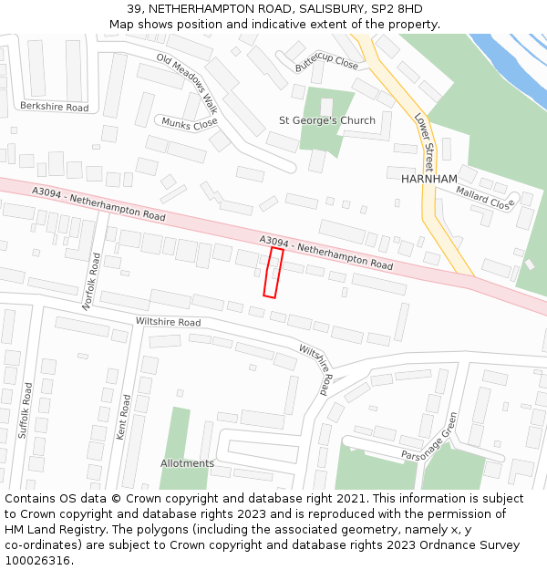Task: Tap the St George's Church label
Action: pos(326,120)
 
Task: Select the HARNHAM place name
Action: pos(429,179)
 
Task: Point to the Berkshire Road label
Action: pos(54,108)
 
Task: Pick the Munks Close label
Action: pos(189,122)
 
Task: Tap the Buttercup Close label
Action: pos(326,62)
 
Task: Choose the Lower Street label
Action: pos(424,143)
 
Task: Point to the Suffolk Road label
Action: pos(25,410)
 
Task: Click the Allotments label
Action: pos(187,463)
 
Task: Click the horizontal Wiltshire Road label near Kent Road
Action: pos(168,322)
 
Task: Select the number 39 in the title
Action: pos(133,9)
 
